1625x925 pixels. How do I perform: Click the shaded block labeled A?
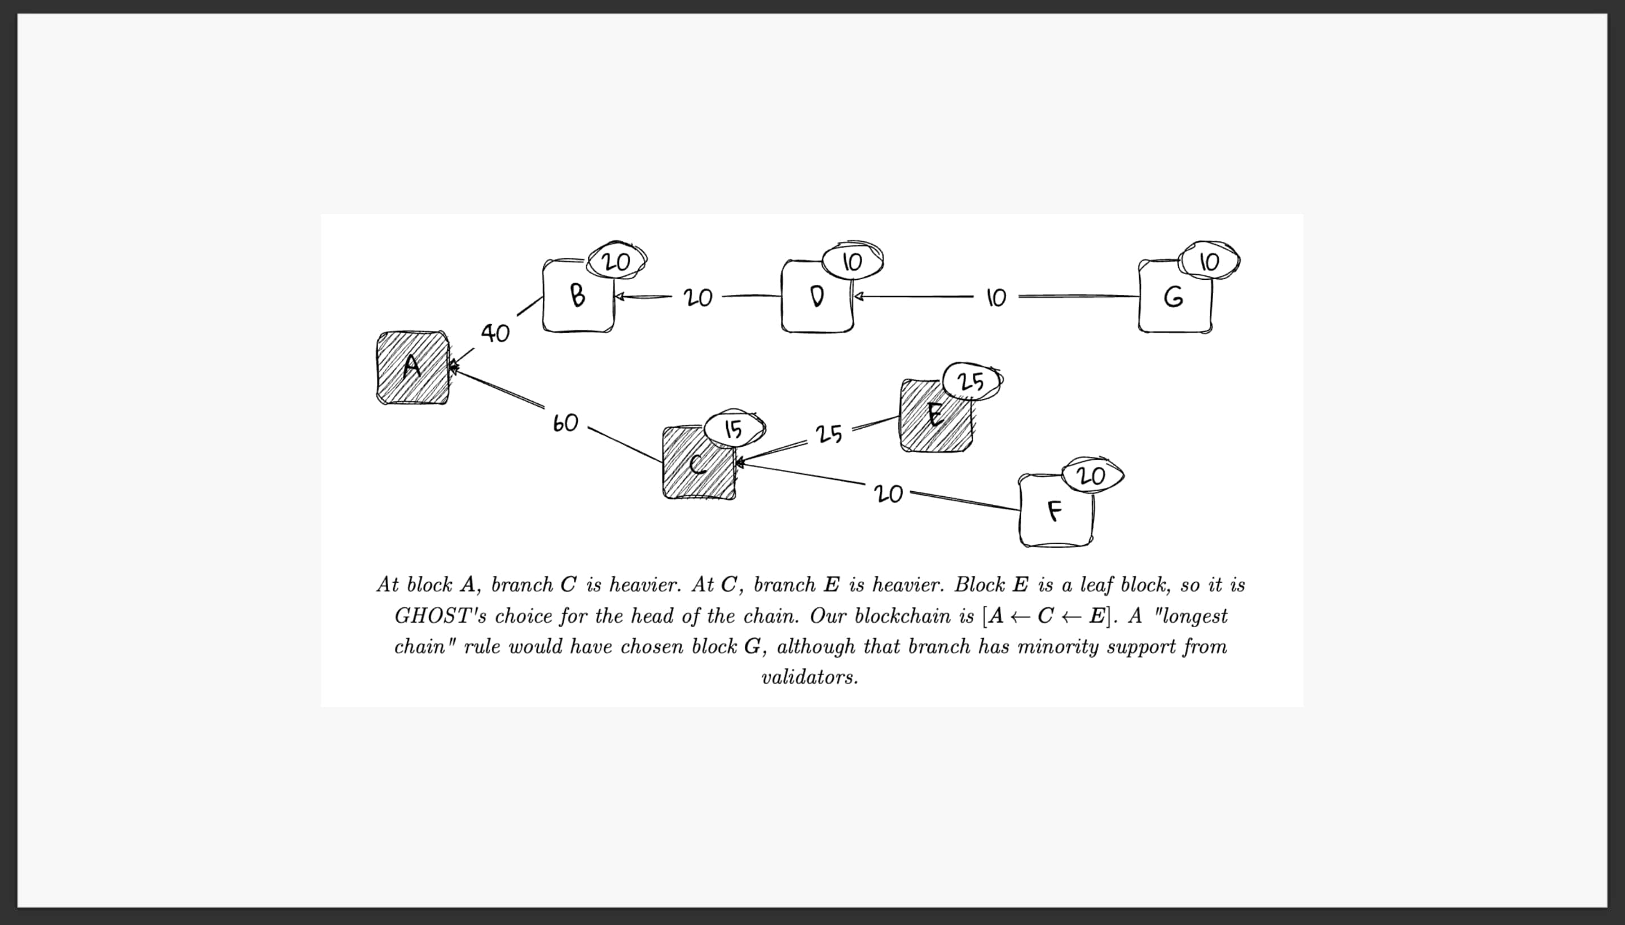point(412,367)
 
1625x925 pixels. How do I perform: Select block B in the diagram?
point(578,296)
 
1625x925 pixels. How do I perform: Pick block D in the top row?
point(816,296)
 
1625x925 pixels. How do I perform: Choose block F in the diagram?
point(1055,510)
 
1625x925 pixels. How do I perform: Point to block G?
point(1174,297)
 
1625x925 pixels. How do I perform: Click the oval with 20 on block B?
point(616,261)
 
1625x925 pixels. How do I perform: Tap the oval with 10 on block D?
point(852,261)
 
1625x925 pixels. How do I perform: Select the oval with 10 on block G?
point(1209,261)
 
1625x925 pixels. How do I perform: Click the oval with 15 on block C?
point(734,429)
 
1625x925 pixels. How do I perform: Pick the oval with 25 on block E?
point(971,382)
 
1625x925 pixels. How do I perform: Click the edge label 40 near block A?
point(495,332)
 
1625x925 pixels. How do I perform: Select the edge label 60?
point(565,423)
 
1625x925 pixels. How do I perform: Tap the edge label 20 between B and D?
point(698,297)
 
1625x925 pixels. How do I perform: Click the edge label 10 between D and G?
point(996,297)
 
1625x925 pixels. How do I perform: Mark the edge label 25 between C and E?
point(829,434)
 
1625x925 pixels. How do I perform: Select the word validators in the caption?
point(810,677)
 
